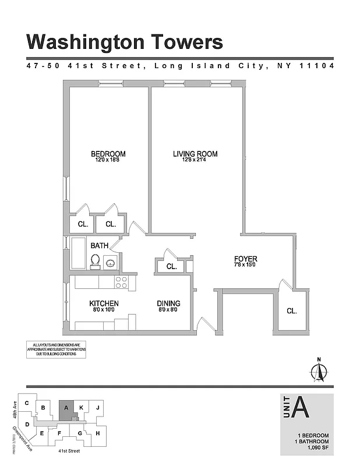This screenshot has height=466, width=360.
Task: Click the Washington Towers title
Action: coord(125,42)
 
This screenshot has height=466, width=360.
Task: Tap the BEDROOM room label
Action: coord(108,154)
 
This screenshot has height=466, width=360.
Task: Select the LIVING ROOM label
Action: coord(195,154)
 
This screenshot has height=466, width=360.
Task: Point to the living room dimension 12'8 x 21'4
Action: coord(195,161)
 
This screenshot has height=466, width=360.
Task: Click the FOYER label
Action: coord(245,259)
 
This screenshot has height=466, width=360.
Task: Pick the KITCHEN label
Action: coord(104,303)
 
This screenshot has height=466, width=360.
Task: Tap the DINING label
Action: coord(168,303)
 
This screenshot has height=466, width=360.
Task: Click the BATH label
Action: coord(99,245)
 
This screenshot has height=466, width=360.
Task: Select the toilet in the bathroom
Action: coord(95,262)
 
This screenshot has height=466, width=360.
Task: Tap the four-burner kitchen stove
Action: coord(122,283)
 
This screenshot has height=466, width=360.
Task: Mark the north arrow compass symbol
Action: coord(318,371)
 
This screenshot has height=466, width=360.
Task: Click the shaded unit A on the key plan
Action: coord(66,409)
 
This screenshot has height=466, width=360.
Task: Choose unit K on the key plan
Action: coord(82,408)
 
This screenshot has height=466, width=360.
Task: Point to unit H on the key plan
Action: coord(98,433)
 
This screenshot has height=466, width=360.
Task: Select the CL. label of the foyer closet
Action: coord(291,311)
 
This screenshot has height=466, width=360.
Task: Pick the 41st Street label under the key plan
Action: coord(61,450)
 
